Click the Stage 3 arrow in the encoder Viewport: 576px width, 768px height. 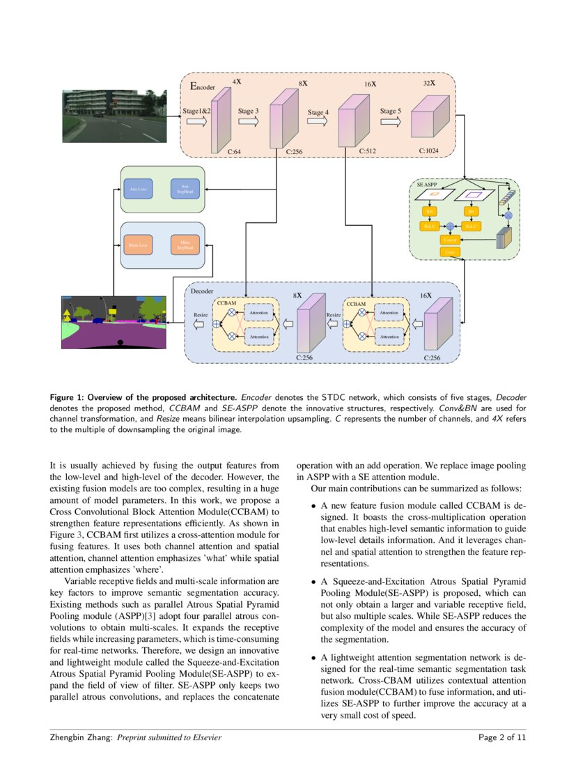point(248,121)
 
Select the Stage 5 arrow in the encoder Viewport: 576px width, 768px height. point(390,121)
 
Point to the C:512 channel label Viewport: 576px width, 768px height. point(368,151)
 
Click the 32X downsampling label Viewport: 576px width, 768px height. point(429,83)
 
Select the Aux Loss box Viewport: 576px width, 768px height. point(138,189)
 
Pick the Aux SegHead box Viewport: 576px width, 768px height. point(185,189)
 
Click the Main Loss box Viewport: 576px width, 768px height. point(138,245)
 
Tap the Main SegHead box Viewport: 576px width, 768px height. point(185,245)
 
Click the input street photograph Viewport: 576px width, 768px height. point(114,116)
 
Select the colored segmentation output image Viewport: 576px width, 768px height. point(114,322)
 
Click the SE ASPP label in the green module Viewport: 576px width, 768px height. point(427,185)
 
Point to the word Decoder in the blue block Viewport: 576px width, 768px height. point(202,291)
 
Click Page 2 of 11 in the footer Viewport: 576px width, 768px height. point(502,737)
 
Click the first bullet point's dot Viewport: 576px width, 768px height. point(314,505)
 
